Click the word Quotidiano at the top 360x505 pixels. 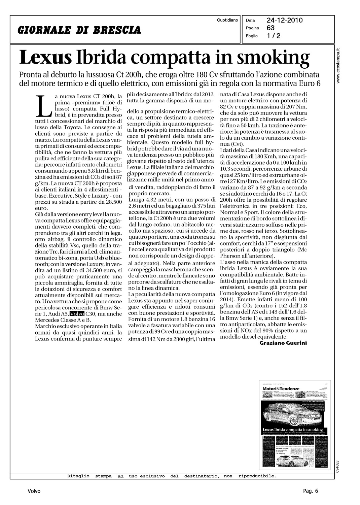click(x=227, y=20)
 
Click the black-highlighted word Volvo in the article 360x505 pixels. click(x=77, y=314)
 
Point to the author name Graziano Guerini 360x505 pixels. click(x=283, y=343)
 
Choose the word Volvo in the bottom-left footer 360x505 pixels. click(x=34, y=491)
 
